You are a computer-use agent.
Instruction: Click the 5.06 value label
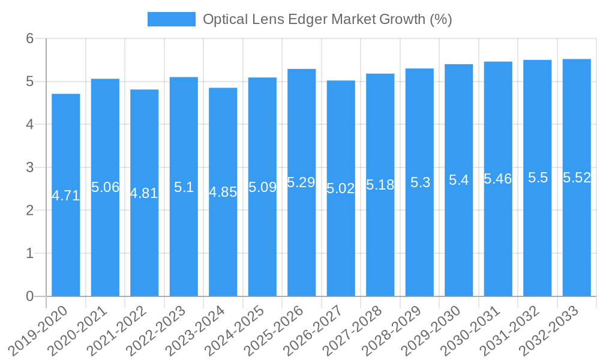click(x=105, y=187)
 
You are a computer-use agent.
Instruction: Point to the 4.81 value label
click(x=145, y=193)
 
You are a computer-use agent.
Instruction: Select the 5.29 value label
click(x=301, y=182)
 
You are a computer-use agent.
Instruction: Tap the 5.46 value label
click(x=498, y=179)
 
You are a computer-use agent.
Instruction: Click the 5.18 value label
click(x=380, y=185)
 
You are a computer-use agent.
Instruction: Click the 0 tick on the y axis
click(x=30, y=296)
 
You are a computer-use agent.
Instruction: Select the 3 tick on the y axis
click(x=30, y=167)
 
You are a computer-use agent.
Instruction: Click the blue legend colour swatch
click(x=172, y=19)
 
